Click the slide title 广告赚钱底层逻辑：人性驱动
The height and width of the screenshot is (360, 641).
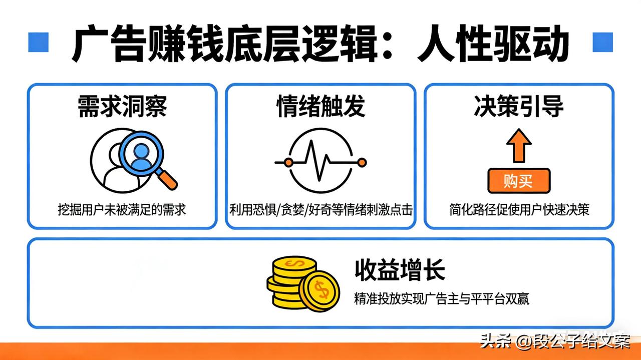320,44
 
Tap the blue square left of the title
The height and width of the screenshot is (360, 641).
38,43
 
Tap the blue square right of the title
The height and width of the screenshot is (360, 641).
602,43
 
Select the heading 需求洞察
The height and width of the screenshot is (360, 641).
122,107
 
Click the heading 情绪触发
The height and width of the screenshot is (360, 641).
320,107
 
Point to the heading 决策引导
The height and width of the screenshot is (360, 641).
518,107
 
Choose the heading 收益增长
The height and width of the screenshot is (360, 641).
399,271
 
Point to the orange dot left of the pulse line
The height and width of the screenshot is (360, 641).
288,162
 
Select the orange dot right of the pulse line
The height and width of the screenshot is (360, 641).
362,162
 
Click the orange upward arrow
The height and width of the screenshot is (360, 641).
518,145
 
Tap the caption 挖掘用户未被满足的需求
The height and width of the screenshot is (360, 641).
122,209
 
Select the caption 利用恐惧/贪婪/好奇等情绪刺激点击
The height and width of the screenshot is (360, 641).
320,209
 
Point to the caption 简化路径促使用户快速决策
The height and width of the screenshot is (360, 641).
519,209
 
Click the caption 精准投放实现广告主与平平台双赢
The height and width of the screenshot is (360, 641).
441,299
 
